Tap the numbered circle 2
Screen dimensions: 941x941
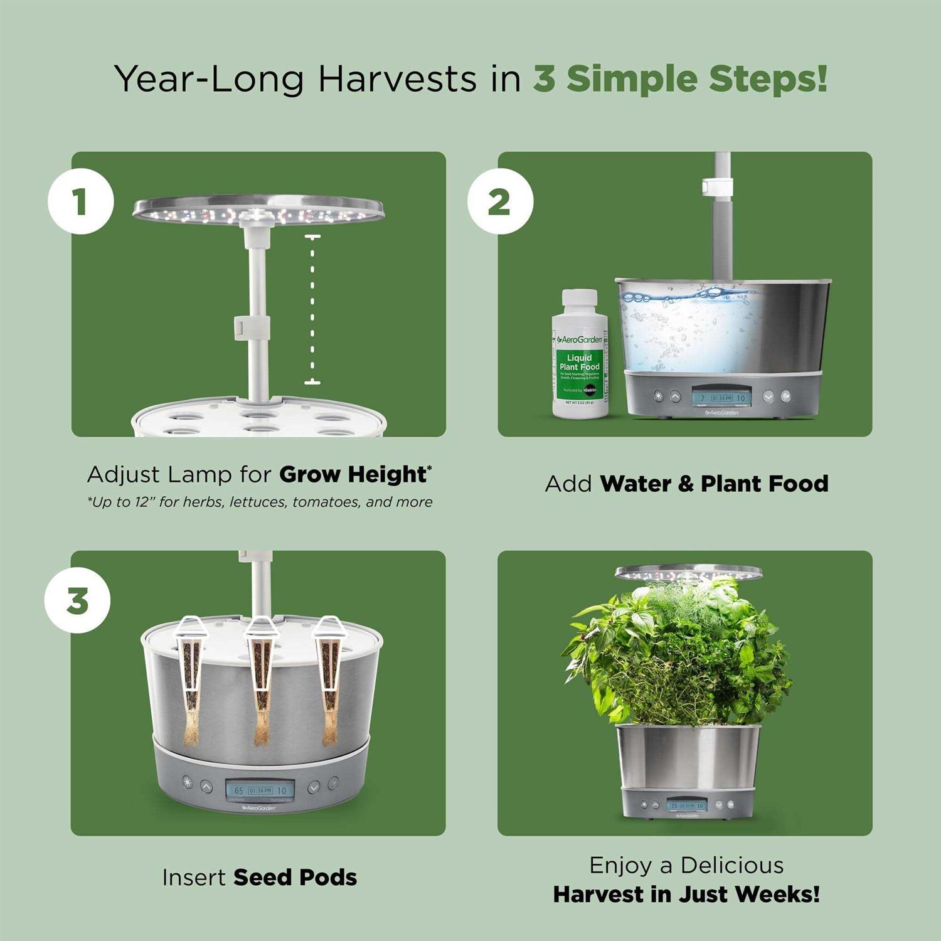500,202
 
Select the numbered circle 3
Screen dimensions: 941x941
77,600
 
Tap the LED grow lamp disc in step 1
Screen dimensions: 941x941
258,210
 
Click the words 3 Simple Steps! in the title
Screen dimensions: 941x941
680,79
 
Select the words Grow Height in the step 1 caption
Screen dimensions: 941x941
353,474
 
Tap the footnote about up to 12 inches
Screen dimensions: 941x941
260,502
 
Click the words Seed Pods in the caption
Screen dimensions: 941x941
295,877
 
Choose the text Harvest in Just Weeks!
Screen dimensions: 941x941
686,894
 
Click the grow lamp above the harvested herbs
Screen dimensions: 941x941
688,572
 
